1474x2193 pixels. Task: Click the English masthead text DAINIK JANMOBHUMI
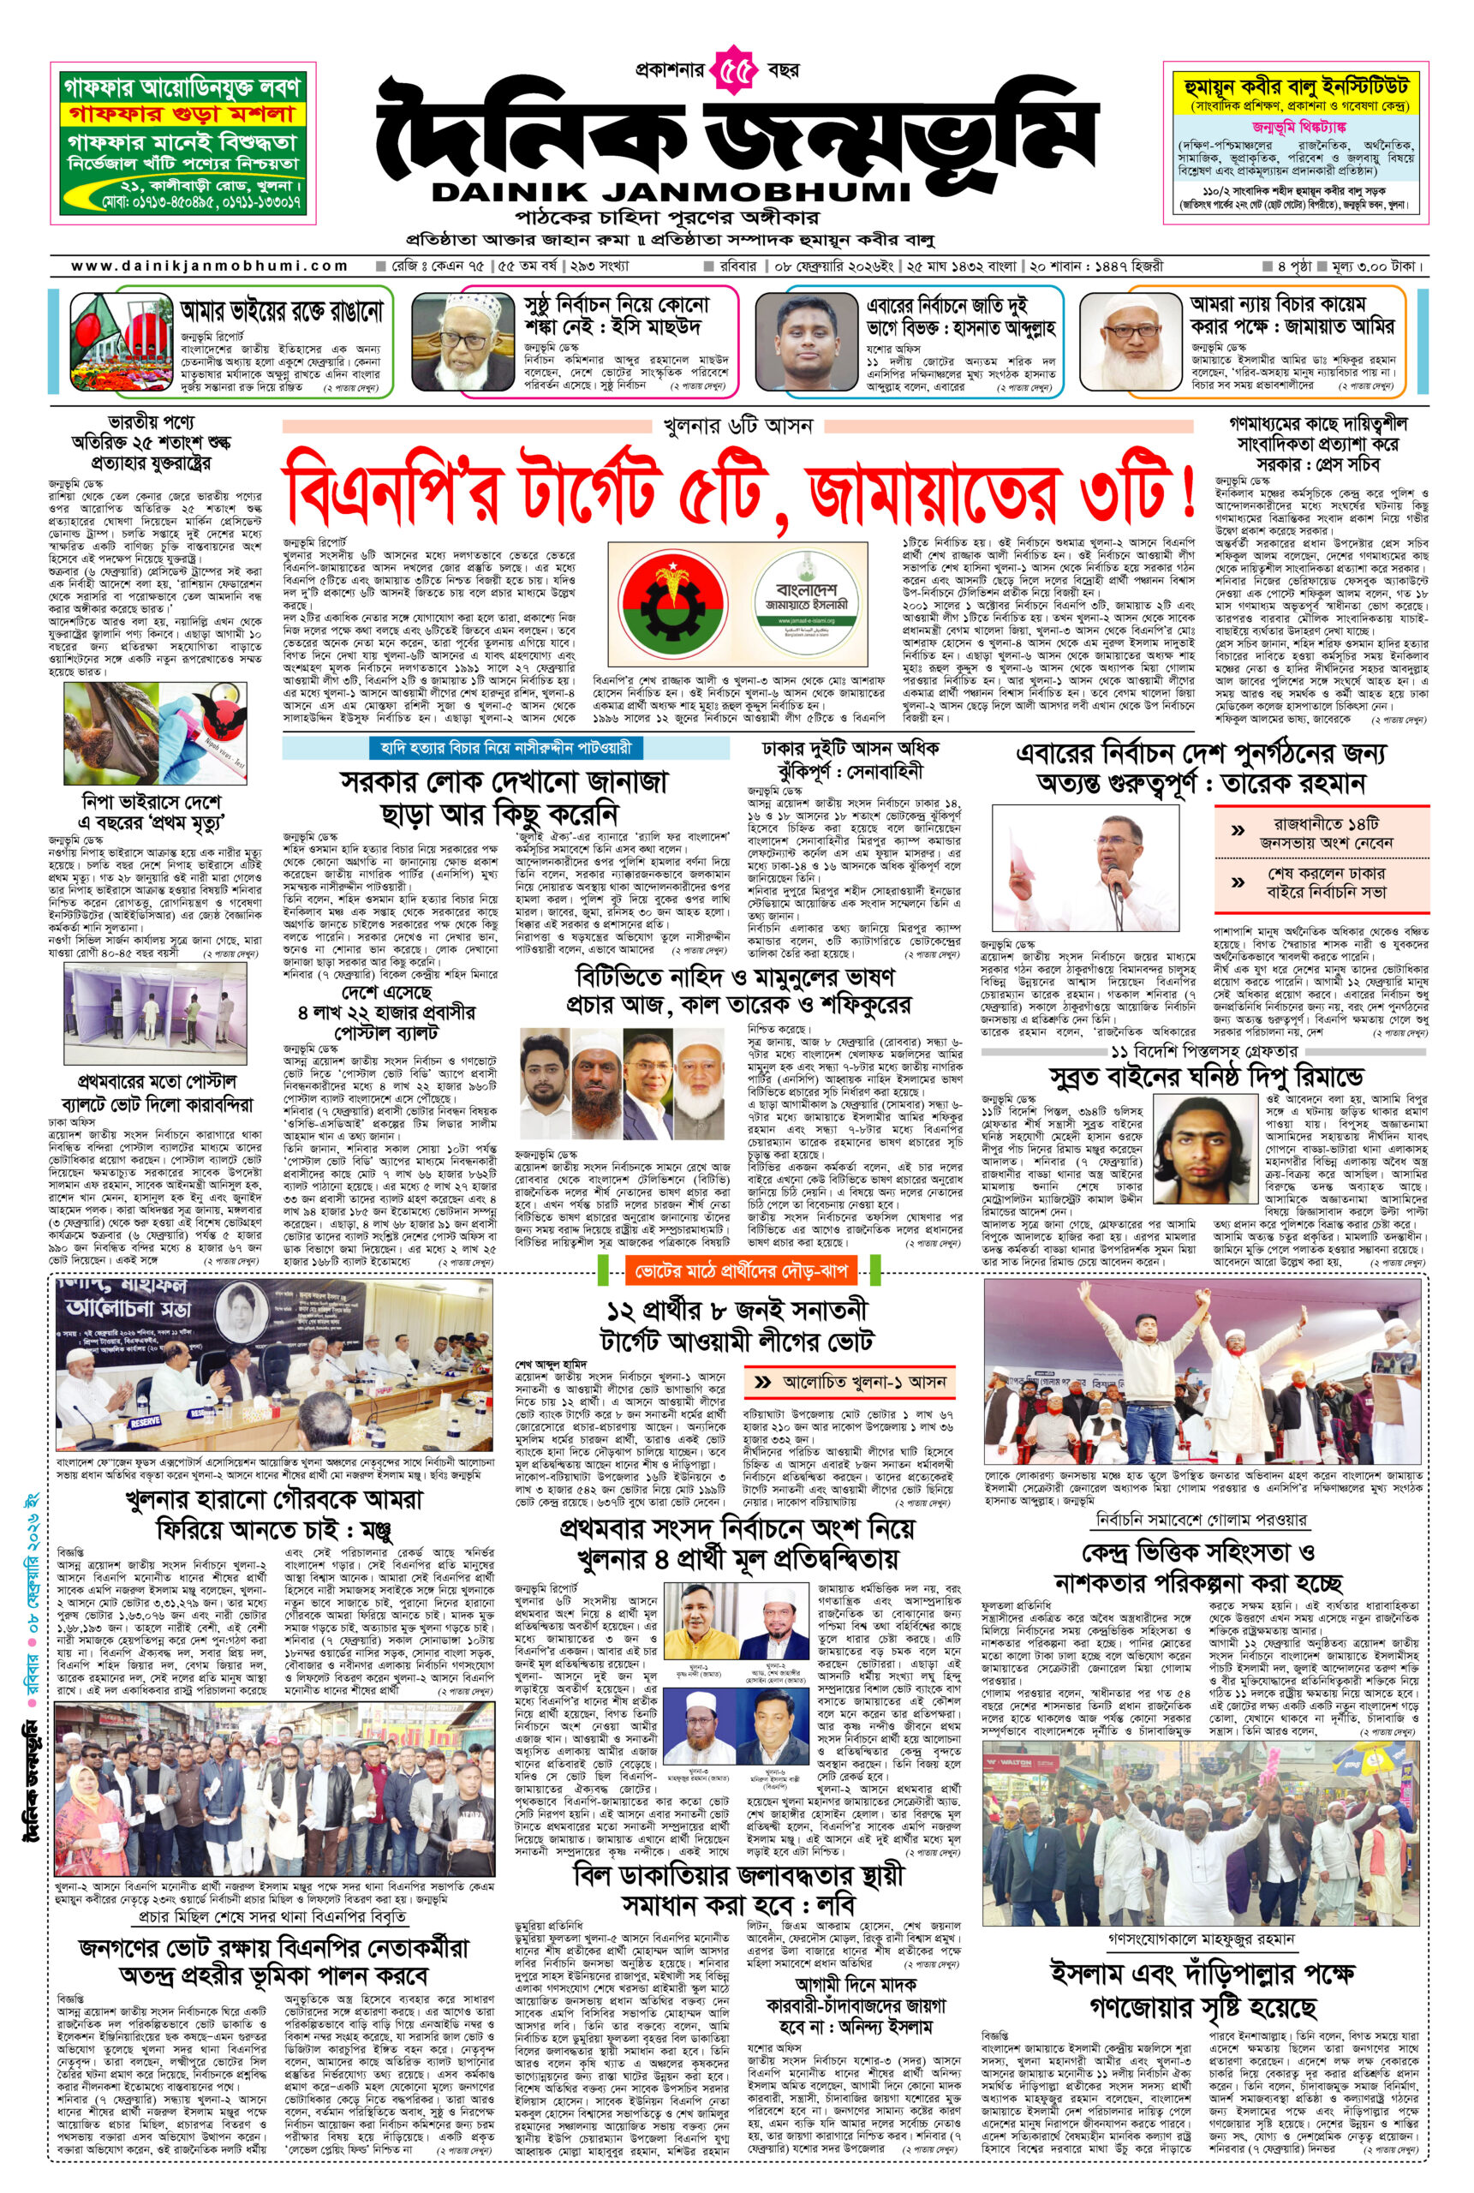click(671, 193)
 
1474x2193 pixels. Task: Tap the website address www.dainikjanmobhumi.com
click(209, 266)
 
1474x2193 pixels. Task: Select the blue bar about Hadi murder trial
click(505, 747)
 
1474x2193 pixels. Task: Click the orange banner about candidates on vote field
click(742, 1271)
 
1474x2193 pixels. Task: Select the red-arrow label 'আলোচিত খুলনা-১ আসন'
click(850, 1382)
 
